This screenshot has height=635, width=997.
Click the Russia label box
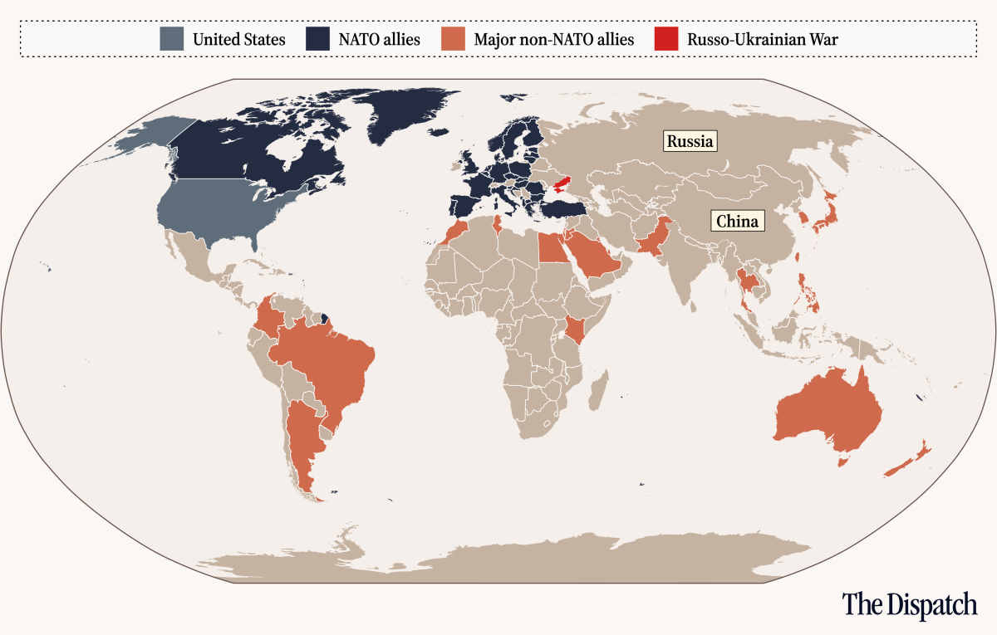(690, 141)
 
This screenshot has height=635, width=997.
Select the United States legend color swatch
(172, 39)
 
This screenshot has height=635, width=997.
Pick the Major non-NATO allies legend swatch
(453, 39)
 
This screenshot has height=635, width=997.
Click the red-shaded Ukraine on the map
(555, 184)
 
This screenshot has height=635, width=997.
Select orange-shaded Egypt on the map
(549, 247)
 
